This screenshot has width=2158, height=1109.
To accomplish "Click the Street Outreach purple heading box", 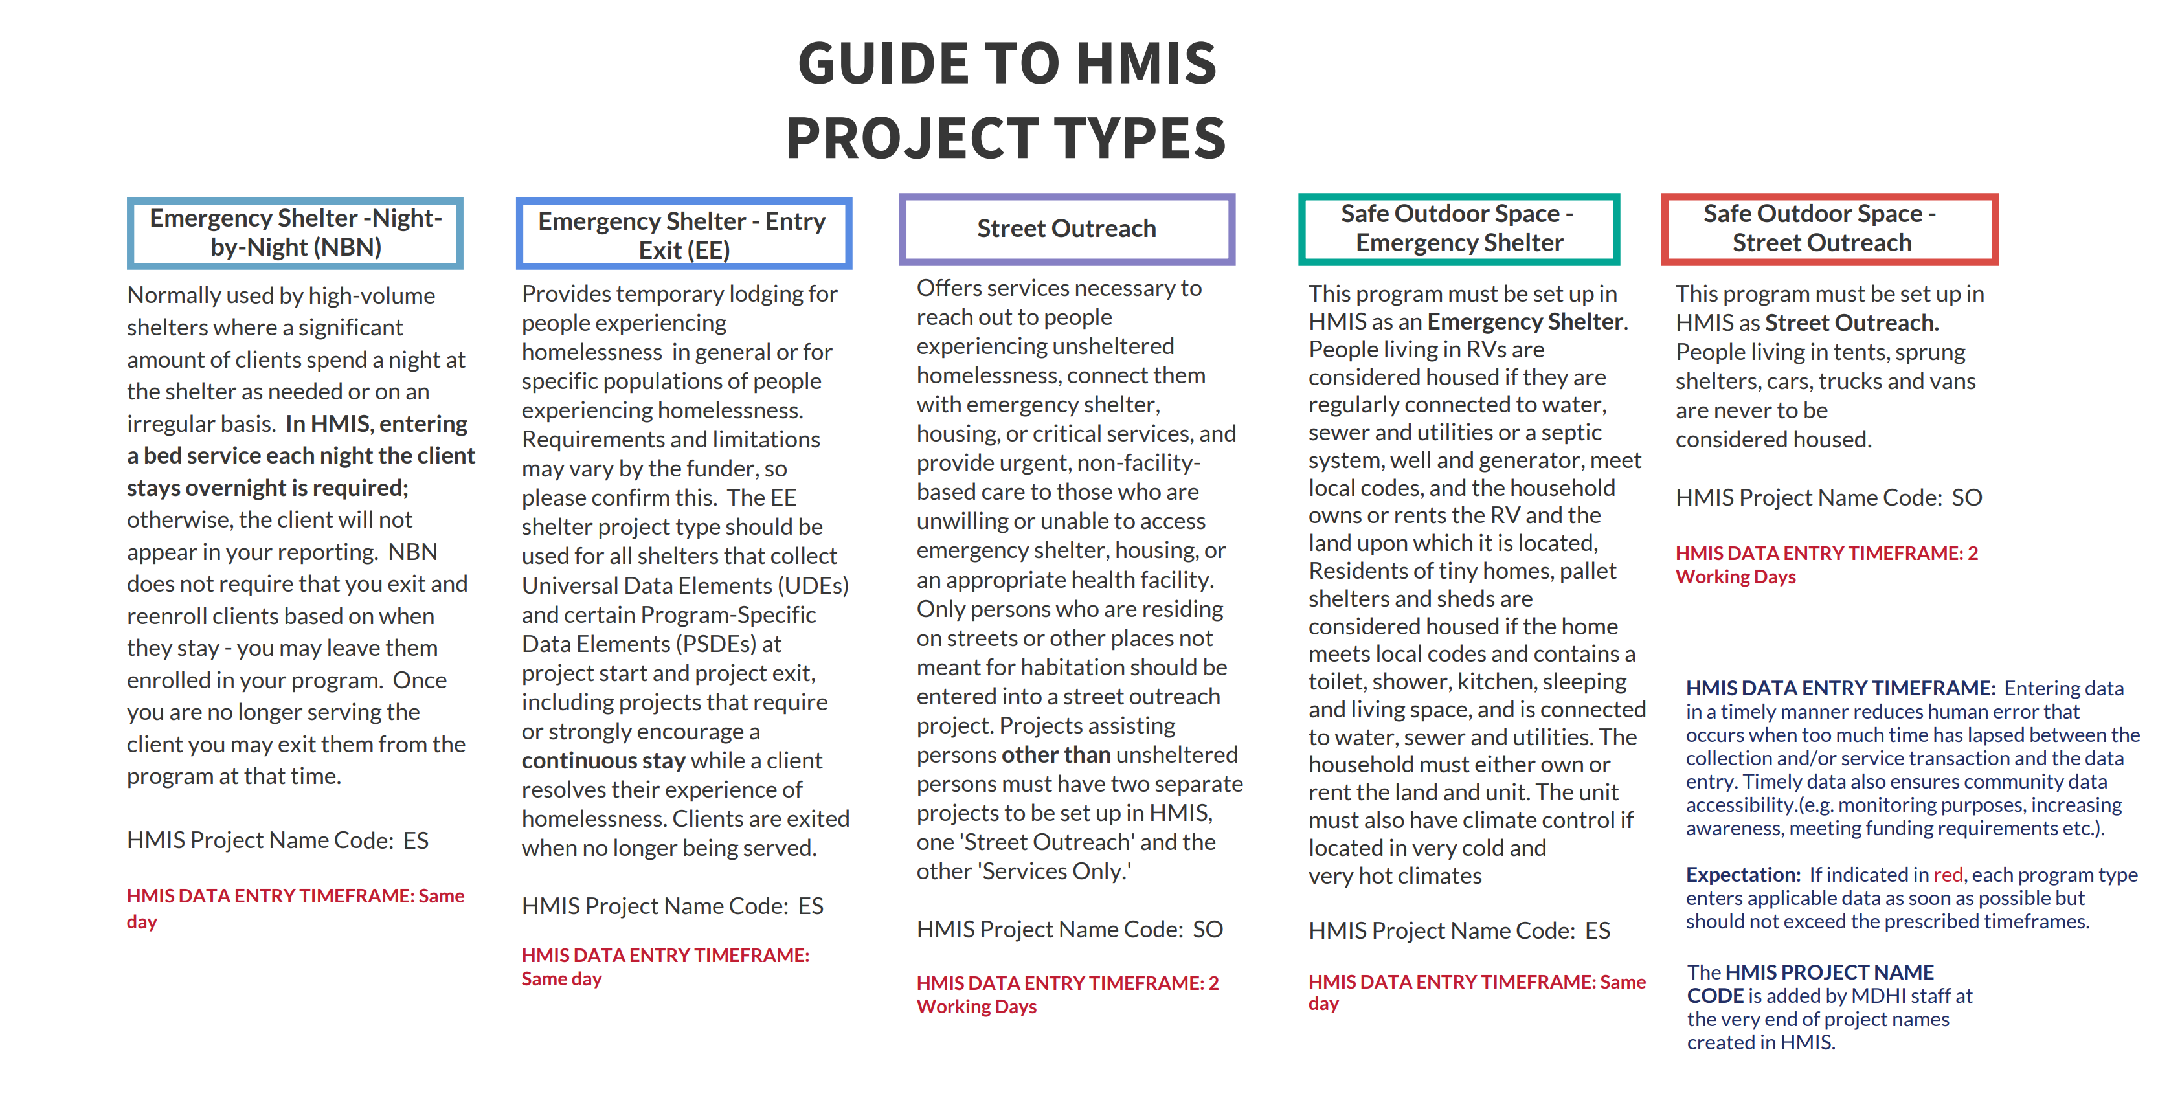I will pos(1066,229).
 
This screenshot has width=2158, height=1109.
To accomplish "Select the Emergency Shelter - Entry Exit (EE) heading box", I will pos(684,234).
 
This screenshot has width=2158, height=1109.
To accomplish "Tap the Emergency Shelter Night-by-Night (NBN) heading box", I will pos(295,233).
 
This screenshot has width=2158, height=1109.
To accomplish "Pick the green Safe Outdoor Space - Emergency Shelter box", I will pos(1459,228).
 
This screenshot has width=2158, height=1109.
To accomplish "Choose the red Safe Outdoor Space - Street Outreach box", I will pos(1830,228).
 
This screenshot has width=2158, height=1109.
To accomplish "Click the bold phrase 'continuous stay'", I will pos(603,761).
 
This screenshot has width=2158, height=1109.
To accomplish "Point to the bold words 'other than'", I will pos(1055,755).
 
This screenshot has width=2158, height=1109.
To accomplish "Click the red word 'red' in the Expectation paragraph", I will pos(1948,875).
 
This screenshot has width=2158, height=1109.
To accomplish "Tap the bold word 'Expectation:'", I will pos(1742,875).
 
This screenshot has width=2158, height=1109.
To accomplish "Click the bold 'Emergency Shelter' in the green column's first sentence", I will pos(1525,322).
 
